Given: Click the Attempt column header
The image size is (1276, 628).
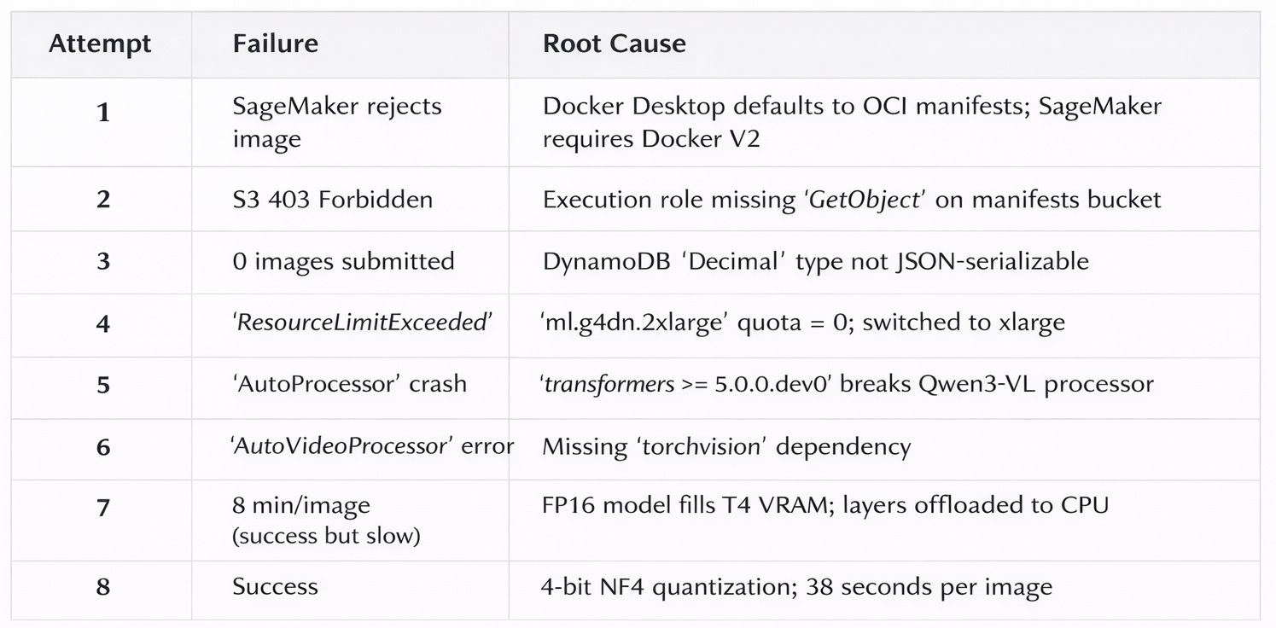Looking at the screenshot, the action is pyautogui.click(x=100, y=44).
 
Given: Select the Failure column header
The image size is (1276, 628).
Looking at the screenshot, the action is pyautogui.click(x=275, y=44).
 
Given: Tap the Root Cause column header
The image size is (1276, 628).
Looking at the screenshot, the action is pyautogui.click(x=614, y=44).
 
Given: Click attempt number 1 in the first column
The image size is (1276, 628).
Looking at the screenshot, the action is pyautogui.click(x=103, y=112).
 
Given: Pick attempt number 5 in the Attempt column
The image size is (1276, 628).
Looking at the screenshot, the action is pyautogui.click(x=103, y=385).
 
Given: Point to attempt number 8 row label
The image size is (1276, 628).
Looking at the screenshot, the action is pyautogui.click(x=103, y=587).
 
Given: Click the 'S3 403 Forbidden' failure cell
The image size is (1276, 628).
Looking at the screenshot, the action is pyautogui.click(x=333, y=200).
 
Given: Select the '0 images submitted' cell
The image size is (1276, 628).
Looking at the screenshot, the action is pyautogui.click(x=343, y=261).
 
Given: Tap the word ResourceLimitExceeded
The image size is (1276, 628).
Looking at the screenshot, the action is pyautogui.click(x=362, y=323).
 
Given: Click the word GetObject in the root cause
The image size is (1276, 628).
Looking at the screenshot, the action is pyautogui.click(x=864, y=200).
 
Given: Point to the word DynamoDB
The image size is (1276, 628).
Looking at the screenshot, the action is pyautogui.click(x=607, y=261).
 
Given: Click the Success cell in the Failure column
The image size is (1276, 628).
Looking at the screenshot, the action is pyautogui.click(x=275, y=586).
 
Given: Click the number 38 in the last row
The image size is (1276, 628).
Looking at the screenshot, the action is pyautogui.click(x=819, y=586).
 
